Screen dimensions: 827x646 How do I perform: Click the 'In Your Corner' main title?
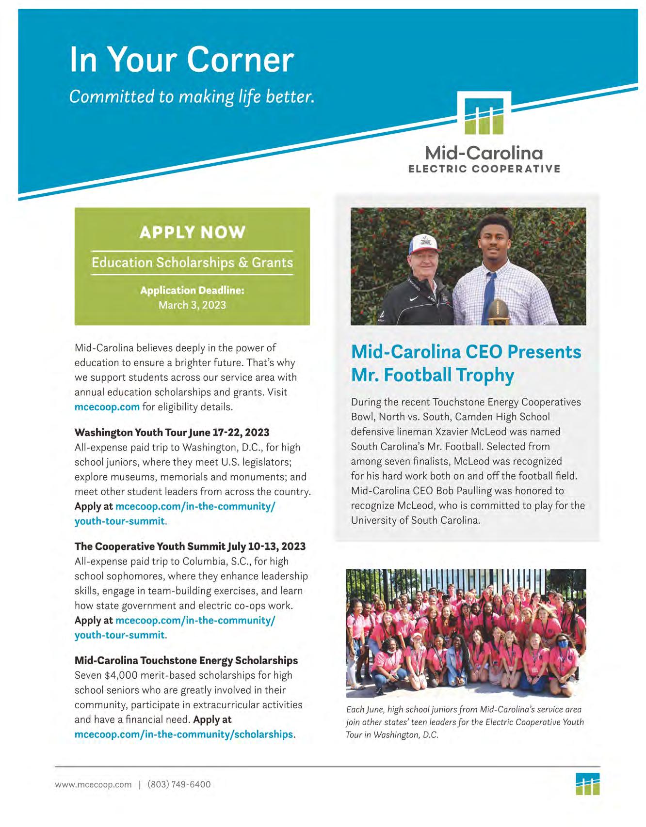181,60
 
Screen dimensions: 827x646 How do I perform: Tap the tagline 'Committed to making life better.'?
192,96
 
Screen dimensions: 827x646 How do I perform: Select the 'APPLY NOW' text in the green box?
192,232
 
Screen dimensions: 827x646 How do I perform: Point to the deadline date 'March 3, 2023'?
192,305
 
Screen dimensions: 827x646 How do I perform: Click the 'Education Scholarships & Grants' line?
192,263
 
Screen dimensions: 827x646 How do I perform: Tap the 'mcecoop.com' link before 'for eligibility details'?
107,407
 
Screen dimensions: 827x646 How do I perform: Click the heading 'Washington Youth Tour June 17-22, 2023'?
172,432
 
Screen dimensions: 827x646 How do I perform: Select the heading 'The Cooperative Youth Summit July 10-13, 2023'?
190,546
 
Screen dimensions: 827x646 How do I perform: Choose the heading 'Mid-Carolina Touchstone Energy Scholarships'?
186,660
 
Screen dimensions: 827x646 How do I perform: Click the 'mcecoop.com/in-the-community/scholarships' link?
184,734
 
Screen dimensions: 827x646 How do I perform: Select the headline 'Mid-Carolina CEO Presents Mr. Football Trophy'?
466,363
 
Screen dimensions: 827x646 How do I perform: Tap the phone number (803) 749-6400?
179,784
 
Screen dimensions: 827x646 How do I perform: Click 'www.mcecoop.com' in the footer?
93,784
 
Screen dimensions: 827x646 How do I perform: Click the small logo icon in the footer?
588,784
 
